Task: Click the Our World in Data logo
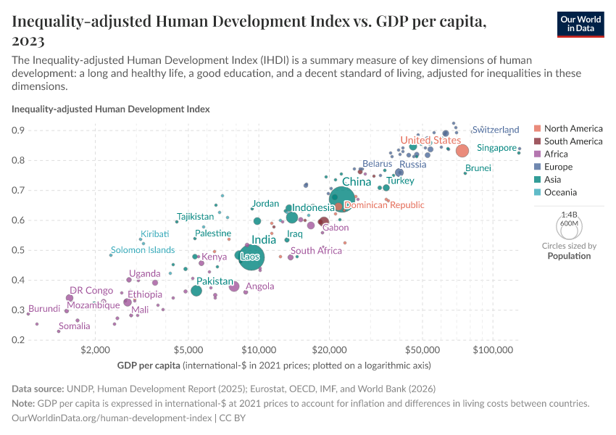point(580,24)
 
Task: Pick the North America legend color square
point(537,128)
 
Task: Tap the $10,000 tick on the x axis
point(258,351)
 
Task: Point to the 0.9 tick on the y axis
point(17,130)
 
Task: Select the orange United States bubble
point(462,150)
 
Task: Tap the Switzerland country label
point(496,130)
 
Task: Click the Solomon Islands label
point(143,250)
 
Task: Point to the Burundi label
point(43,309)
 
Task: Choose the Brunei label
point(478,168)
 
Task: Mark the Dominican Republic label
point(384,205)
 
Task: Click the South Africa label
point(316,251)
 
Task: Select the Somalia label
point(75,326)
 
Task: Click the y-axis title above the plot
point(111,109)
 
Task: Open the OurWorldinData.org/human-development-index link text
point(112,418)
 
